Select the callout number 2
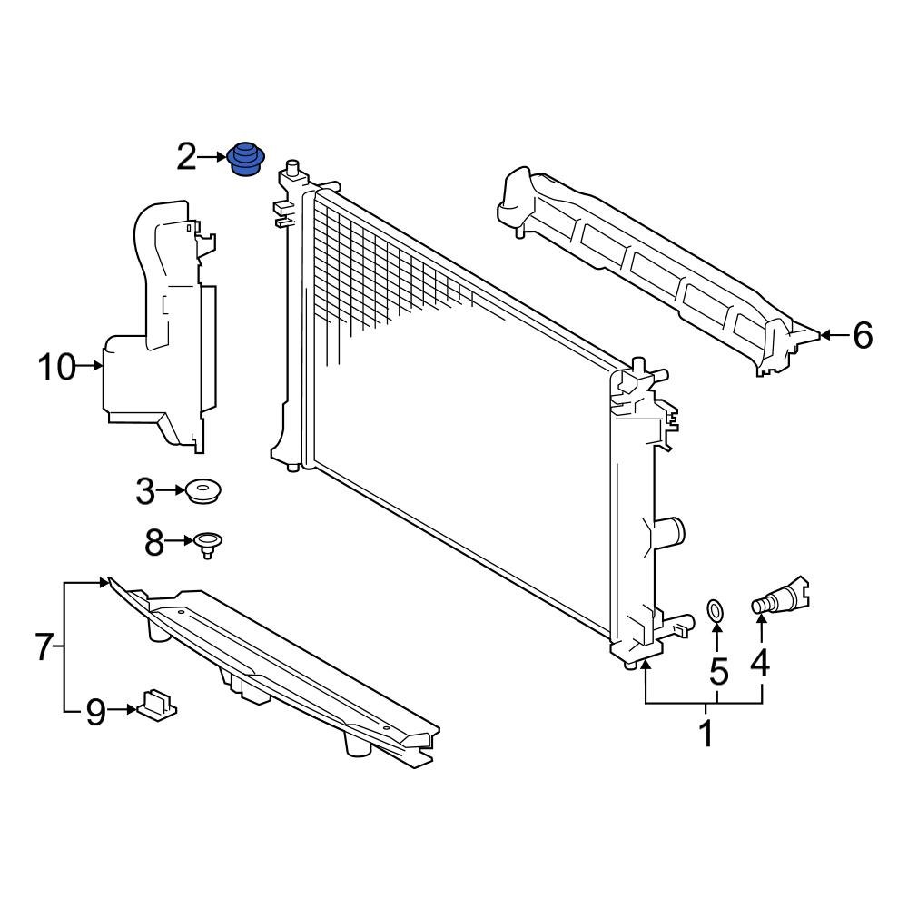click(x=186, y=157)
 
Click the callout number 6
click(x=862, y=336)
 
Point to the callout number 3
click(x=146, y=492)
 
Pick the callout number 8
click(x=154, y=544)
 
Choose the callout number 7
click(x=44, y=647)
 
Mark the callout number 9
click(x=96, y=713)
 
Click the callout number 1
click(x=707, y=733)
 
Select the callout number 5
click(x=718, y=672)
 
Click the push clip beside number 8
click(x=210, y=545)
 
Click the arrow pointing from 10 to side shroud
click(x=92, y=367)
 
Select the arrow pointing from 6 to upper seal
click(x=834, y=336)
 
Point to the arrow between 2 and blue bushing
click(x=212, y=157)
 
